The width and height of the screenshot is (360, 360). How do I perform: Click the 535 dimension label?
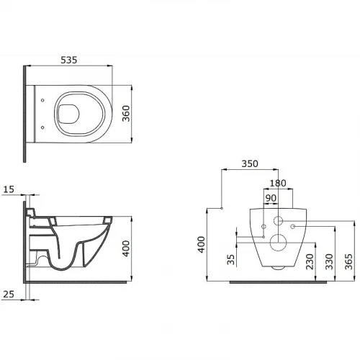click(x=69, y=60)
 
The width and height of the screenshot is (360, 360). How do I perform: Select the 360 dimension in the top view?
click(x=126, y=114)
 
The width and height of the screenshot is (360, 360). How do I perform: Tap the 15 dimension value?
click(x=9, y=189)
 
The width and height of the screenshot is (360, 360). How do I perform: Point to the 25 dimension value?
click(x=9, y=294)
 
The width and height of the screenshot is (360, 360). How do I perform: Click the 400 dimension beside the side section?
click(x=126, y=248)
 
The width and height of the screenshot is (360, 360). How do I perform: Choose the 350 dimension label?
click(x=250, y=163)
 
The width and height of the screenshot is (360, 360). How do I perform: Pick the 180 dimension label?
click(x=278, y=184)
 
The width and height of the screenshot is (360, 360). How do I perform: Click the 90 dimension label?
click(x=271, y=198)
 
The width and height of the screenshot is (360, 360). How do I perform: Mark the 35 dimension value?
click(x=230, y=259)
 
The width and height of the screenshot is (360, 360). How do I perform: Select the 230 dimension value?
click(x=310, y=261)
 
